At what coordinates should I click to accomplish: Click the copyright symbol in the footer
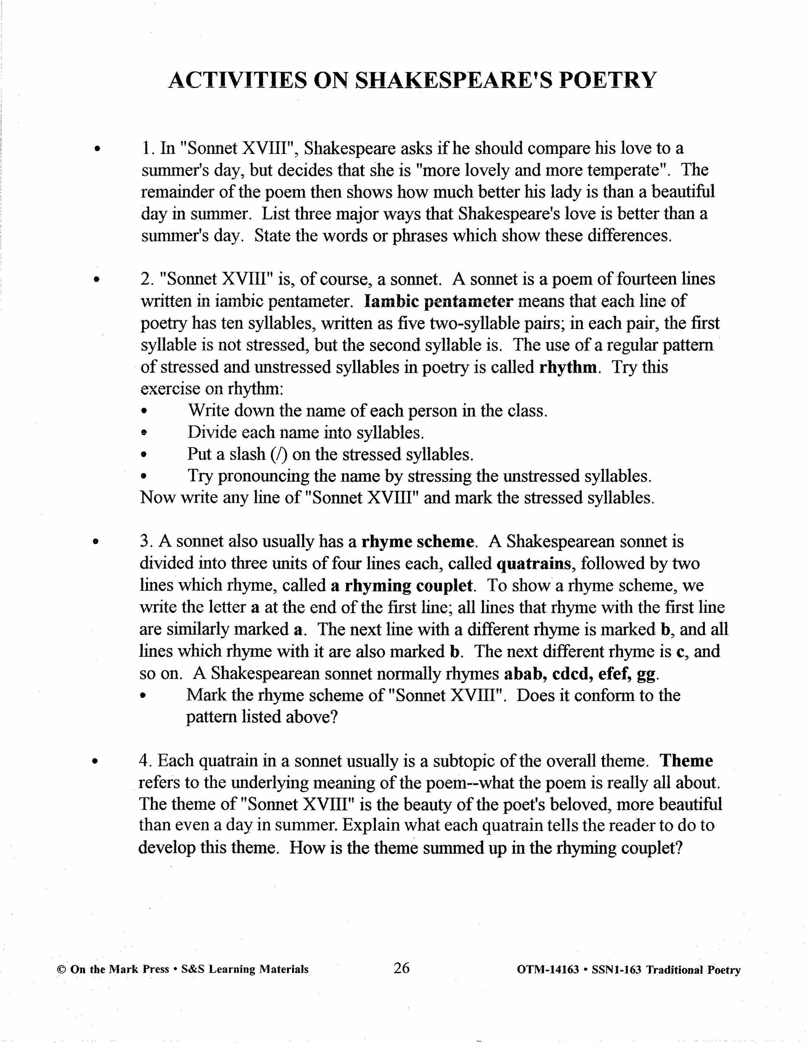pos(61,969)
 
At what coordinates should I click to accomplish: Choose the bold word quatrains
pos(534,564)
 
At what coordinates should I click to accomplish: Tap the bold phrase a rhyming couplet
pos(401,586)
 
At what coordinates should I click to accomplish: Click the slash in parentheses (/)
pos(279,454)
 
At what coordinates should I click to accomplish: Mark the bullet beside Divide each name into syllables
pos(143,433)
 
